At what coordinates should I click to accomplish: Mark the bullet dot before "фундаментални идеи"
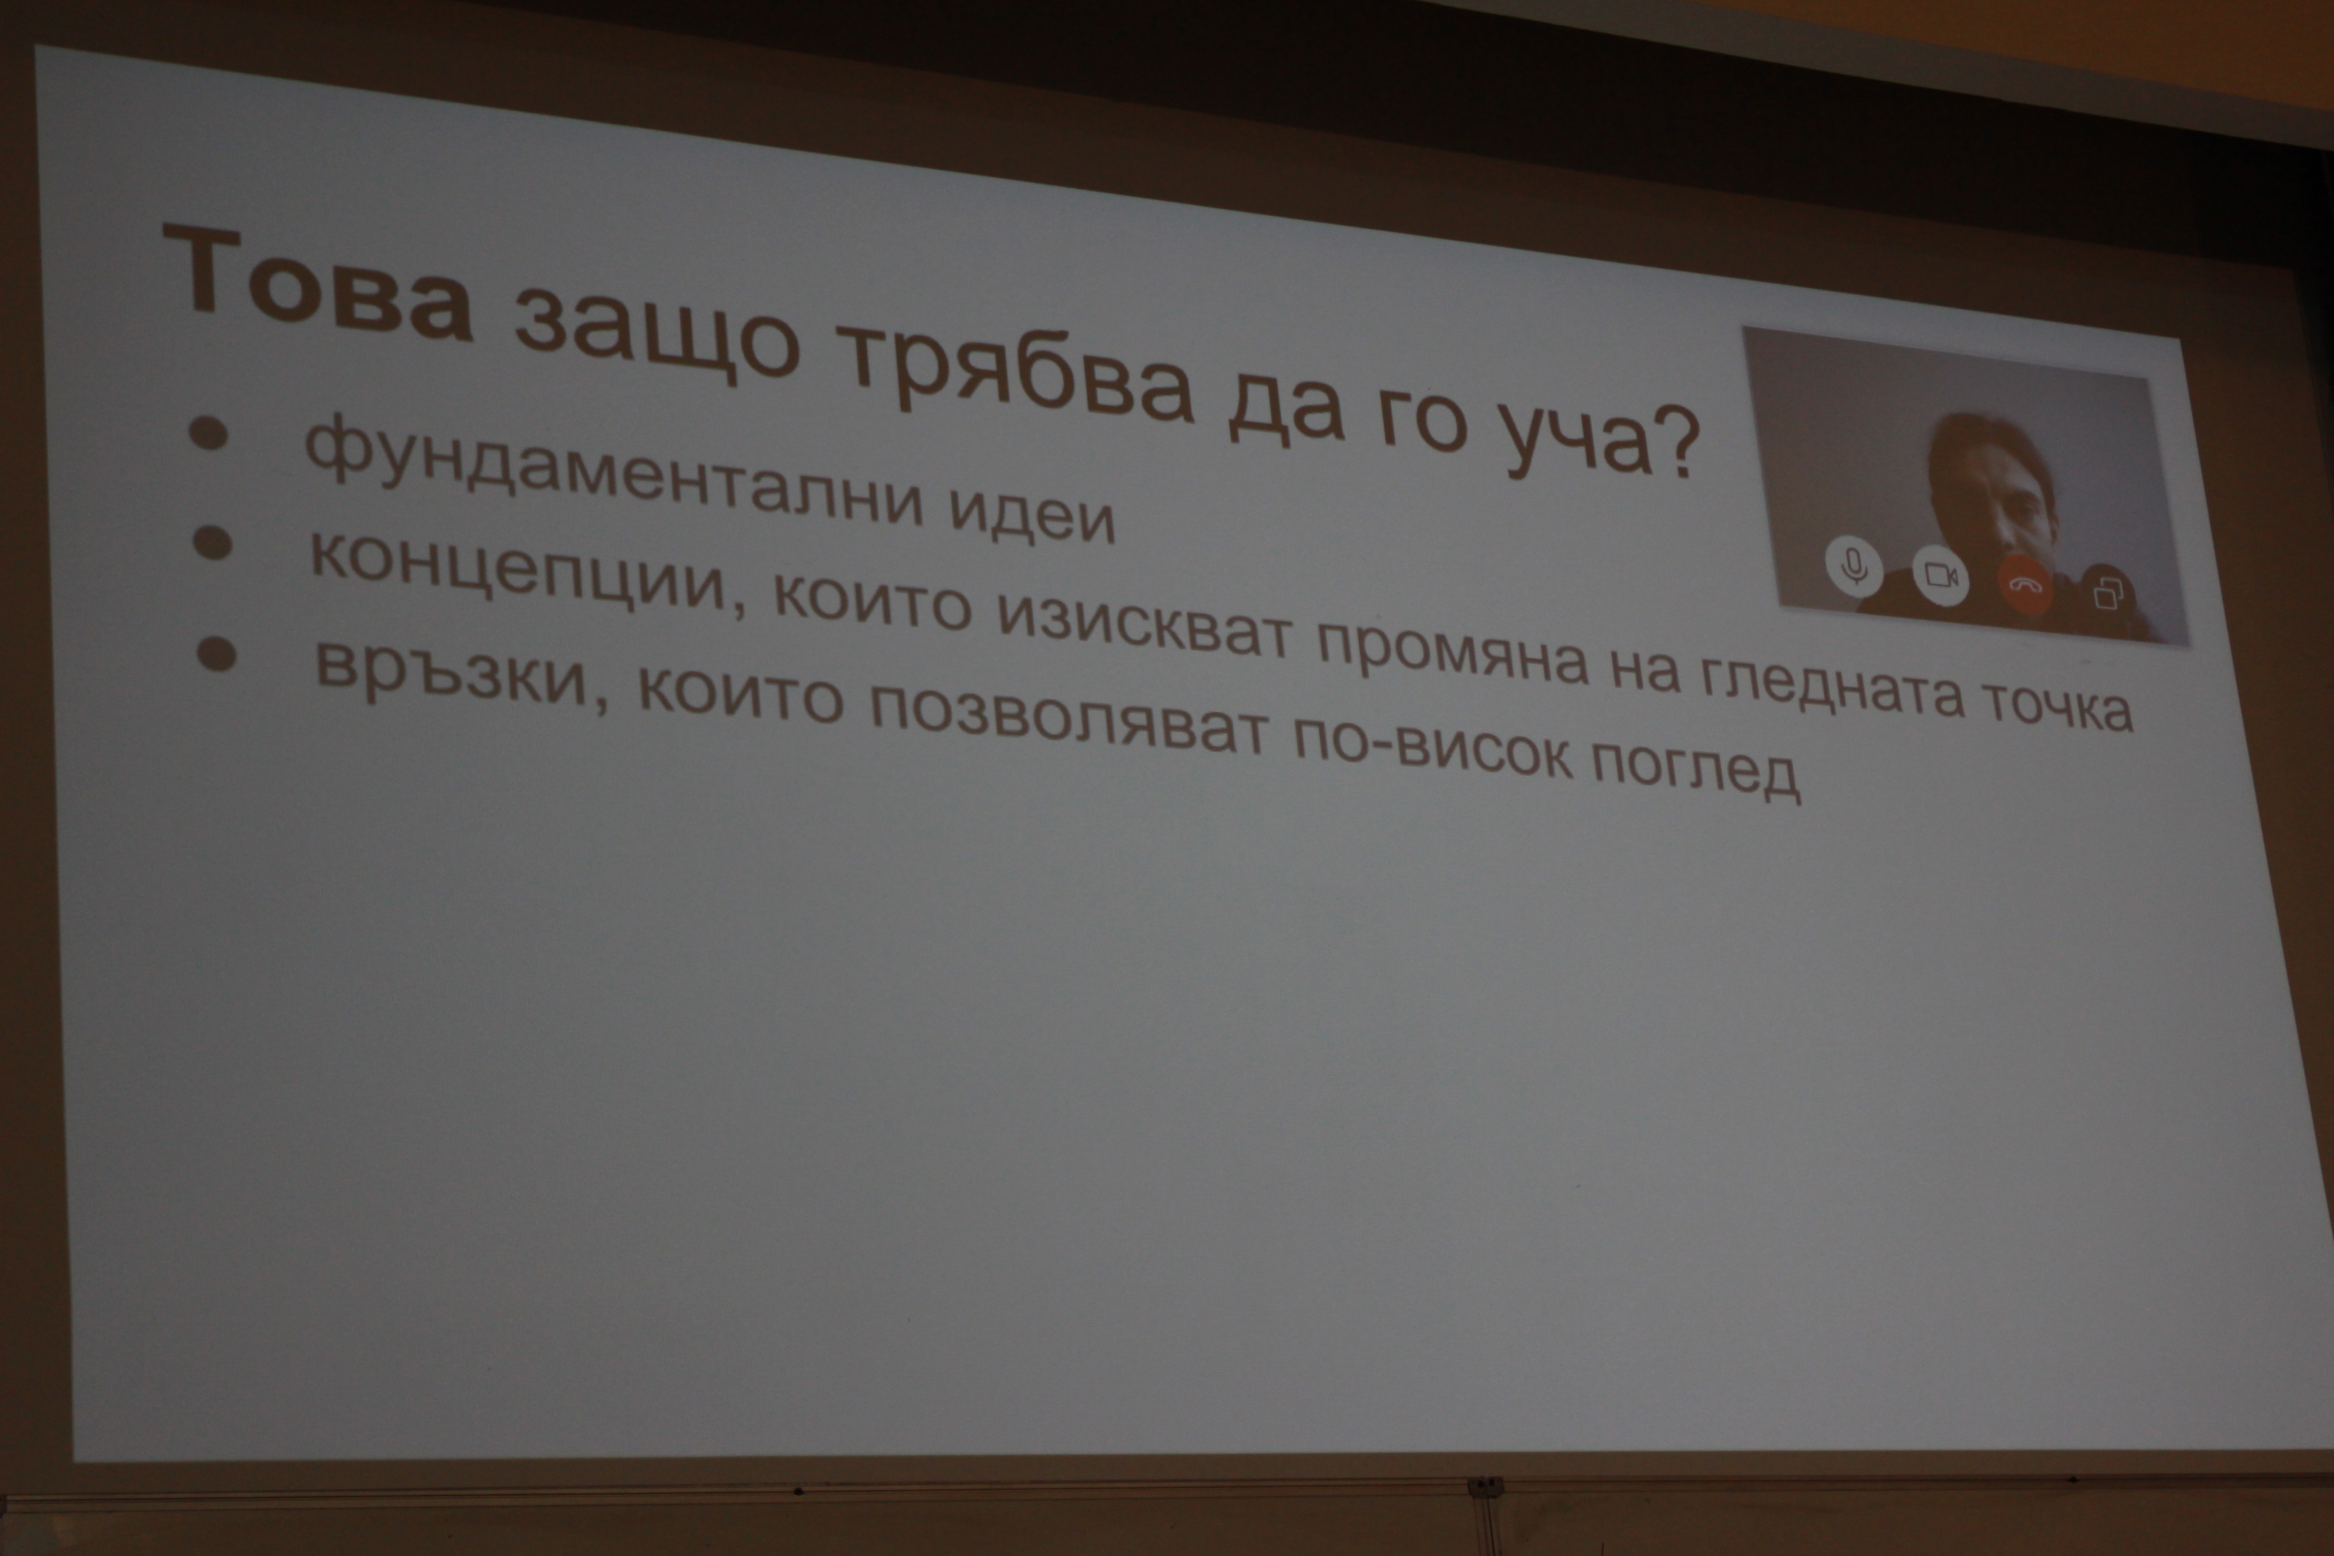point(208,434)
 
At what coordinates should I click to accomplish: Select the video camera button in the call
point(1940,575)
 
